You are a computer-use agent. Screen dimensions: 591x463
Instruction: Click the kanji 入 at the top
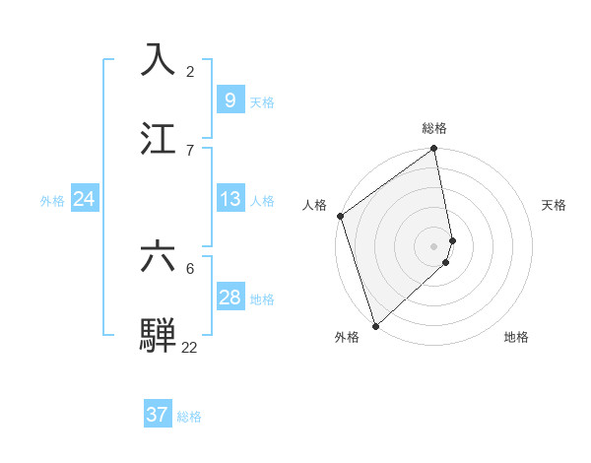158,59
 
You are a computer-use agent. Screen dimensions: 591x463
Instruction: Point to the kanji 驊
158,334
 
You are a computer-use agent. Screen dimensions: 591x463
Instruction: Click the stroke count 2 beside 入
190,71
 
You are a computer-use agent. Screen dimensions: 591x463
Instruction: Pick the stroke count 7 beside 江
190,150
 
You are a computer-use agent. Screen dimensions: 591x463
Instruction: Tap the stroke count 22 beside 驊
190,347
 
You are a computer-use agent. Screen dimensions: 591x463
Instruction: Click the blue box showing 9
230,100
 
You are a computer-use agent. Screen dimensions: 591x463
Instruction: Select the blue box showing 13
230,199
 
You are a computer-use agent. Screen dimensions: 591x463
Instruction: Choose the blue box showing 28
230,298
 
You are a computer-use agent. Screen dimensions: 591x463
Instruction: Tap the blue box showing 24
85,199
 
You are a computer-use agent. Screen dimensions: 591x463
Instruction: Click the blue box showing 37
158,415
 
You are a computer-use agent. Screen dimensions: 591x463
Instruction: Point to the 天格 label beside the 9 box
262,101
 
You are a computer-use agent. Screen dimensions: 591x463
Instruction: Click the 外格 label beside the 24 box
52,200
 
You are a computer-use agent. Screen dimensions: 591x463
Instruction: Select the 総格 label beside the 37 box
189,416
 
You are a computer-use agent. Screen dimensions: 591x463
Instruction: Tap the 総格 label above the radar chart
434,128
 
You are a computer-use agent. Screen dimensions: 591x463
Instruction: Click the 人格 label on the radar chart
314,205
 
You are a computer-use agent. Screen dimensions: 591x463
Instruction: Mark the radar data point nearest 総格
434,150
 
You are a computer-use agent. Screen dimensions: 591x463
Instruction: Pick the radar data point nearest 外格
375,325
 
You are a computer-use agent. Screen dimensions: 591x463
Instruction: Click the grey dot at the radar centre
434,245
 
